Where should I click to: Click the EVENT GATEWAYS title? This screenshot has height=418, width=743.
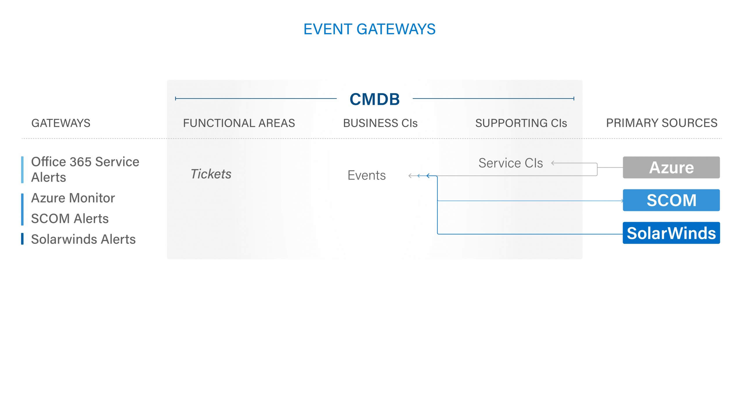[369, 29]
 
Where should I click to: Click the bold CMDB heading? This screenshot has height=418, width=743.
[375, 99]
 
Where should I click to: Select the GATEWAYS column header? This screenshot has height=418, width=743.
[61, 123]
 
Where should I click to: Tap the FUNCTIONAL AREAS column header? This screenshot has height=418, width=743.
[239, 123]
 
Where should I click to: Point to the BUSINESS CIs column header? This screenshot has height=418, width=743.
[380, 123]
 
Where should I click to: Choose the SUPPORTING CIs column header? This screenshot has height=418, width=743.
[521, 123]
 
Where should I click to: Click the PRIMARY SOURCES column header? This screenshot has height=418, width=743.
[662, 123]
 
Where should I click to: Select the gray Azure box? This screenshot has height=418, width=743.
[671, 168]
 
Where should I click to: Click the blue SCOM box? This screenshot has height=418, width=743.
[671, 200]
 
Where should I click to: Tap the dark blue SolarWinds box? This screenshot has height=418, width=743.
[671, 233]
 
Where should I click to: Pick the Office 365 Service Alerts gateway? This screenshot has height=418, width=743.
[85, 170]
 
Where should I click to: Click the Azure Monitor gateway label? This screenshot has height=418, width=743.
[73, 198]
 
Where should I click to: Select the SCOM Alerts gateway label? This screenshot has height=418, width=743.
[70, 219]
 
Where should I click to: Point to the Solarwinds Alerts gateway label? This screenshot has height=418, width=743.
[83, 239]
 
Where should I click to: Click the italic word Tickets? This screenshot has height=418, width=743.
[211, 174]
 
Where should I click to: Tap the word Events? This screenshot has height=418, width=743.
[367, 175]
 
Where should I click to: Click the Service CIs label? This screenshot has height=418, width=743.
[511, 163]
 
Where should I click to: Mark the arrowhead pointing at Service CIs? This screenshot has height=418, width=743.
[553, 163]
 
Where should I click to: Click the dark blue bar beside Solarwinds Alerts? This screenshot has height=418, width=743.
[22, 239]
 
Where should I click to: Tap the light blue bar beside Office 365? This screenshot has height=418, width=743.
[22, 170]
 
